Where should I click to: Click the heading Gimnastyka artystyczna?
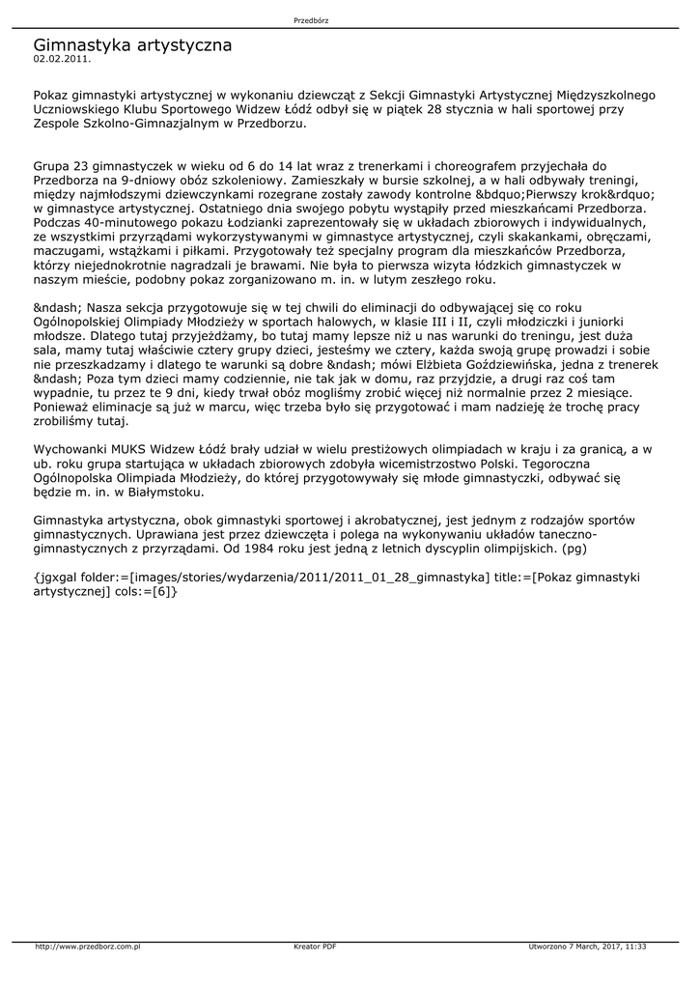132,44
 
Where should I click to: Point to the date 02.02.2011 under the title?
62,59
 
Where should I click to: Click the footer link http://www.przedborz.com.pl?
88,946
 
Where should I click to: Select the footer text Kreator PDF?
315,946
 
